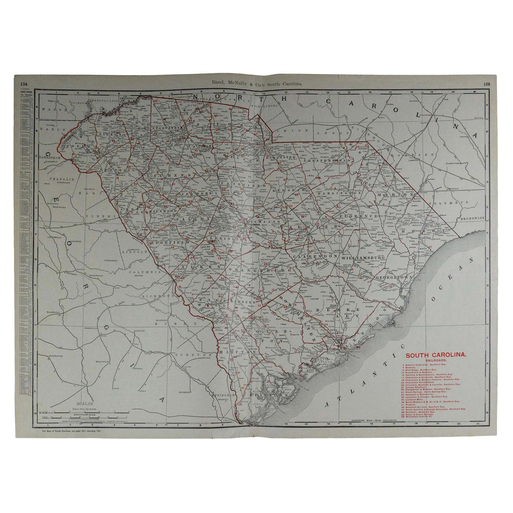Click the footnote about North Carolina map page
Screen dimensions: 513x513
(x=72, y=431)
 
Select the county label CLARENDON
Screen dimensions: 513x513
(x=315, y=257)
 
